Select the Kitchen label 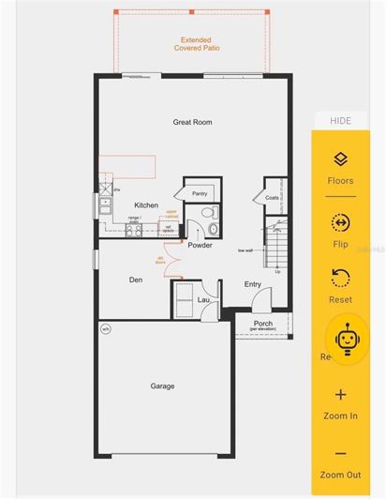pos(146,204)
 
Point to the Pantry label pos(199,193)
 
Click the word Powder pos(200,245)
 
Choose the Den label pos(135,279)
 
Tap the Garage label pos(162,386)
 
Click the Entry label pos(253,284)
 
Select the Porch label pos(263,324)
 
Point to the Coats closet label pos(273,197)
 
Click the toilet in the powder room pos(212,227)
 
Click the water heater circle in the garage pos(106,328)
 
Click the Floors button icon pos(340,160)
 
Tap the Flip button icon pos(340,223)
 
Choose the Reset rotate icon pos(340,279)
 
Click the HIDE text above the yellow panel pos(340,120)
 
